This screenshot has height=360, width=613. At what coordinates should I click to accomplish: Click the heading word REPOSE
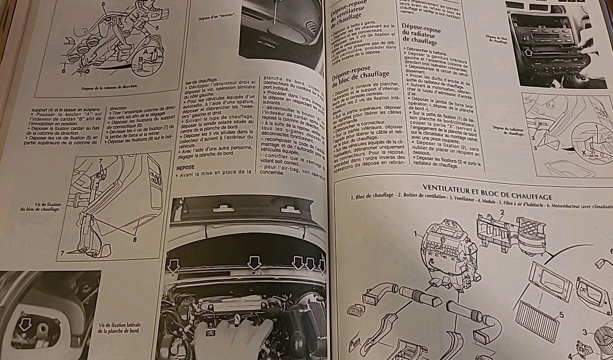185,166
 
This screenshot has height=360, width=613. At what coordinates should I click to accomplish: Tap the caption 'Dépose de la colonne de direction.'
109,86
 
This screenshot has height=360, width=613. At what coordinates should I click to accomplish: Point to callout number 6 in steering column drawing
63,71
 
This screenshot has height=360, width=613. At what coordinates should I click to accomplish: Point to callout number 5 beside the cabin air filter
561,314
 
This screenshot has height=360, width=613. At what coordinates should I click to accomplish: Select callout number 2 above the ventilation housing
502,212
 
